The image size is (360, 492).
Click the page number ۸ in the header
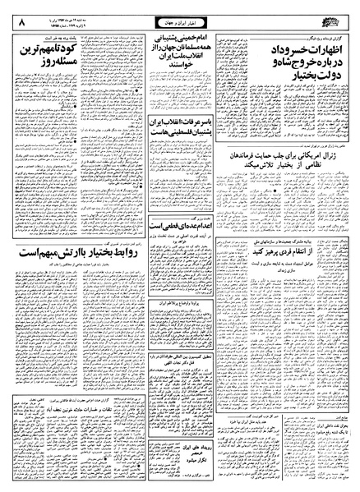[18, 15]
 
